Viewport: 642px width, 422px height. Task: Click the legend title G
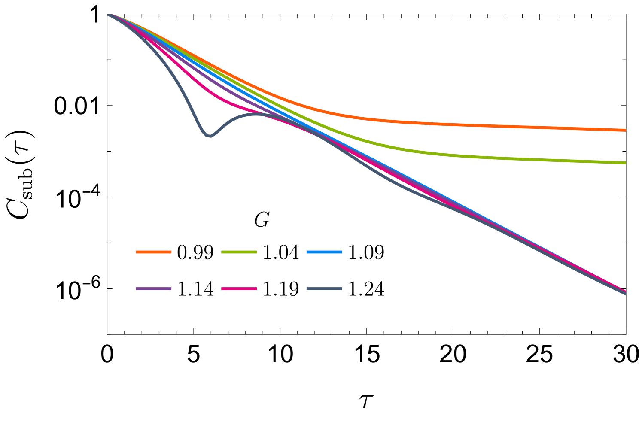coord(262,220)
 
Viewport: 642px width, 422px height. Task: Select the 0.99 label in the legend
coord(195,252)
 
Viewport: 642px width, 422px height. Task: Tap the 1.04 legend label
coord(280,252)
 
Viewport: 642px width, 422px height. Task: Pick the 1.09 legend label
coord(366,252)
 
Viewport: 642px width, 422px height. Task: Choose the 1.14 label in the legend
coord(195,289)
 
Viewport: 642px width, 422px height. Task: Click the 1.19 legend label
coord(280,289)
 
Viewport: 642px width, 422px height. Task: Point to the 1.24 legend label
coord(366,289)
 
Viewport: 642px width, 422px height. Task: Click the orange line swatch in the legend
coord(153,252)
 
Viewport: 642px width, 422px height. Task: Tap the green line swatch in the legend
coord(239,252)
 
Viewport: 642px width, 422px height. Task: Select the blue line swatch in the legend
coord(324,252)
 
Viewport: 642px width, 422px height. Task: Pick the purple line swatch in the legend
coord(153,289)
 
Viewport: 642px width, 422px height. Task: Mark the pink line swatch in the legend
coord(239,289)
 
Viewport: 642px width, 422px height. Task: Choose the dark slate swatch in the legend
coord(324,289)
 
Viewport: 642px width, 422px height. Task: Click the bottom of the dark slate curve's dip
coord(209,136)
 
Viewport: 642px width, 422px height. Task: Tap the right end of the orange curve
coord(624,130)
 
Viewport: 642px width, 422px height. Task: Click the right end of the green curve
coord(624,163)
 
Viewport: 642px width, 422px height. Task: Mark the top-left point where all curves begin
coord(110,15)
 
